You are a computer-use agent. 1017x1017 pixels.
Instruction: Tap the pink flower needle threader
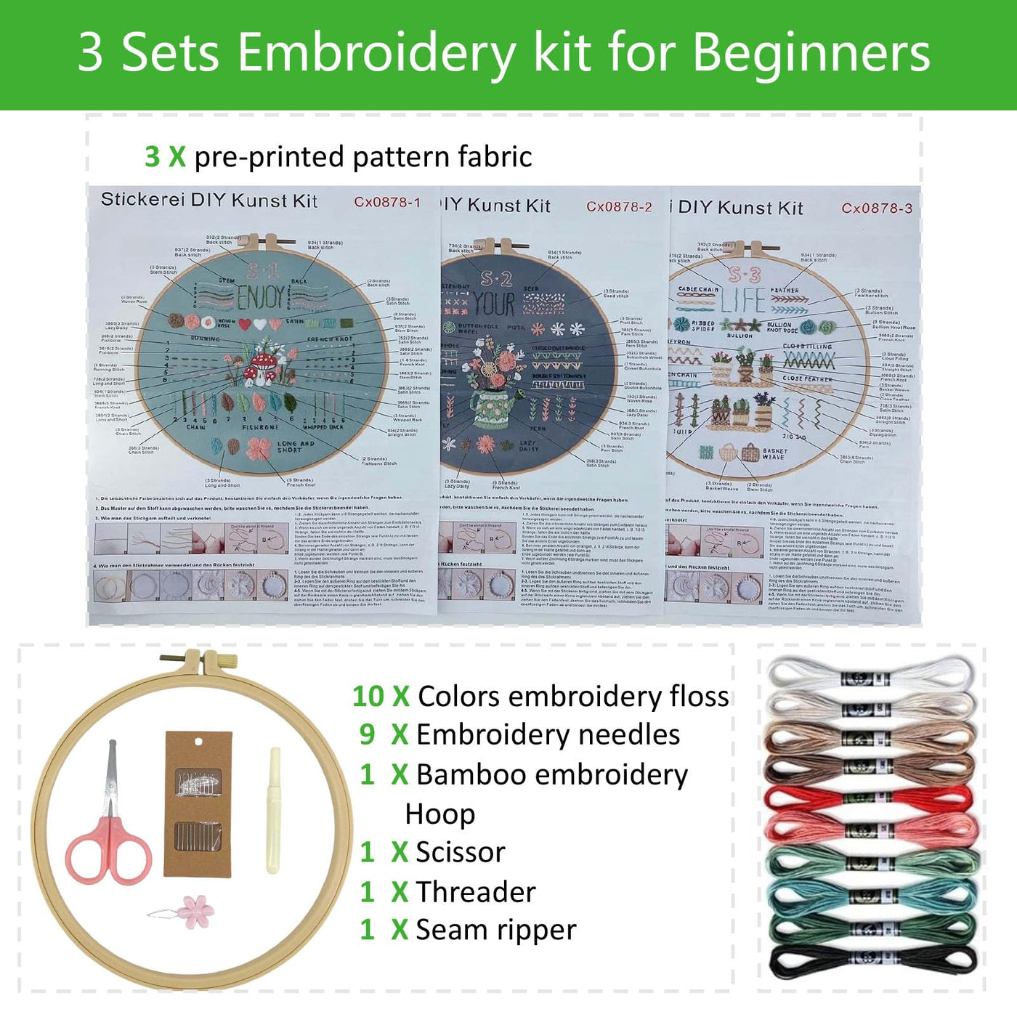[192, 910]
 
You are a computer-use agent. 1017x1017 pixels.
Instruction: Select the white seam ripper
[274, 810]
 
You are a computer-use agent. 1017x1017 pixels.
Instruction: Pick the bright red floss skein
[869, 798]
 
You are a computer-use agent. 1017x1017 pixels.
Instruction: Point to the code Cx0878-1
[387, 202]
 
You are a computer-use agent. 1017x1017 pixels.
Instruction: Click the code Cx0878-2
[619, 207]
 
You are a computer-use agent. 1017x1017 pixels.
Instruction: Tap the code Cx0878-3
[876, 208]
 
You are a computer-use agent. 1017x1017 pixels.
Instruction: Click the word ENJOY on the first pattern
[261, 297]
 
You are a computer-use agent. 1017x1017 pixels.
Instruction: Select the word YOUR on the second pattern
[495, 304]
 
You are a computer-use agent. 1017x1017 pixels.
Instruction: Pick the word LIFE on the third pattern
[743, 300]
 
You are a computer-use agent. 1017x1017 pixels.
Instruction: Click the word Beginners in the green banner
[811, 52]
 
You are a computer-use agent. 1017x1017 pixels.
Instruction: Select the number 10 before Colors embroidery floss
[368, 696]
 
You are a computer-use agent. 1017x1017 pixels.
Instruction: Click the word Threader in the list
[475, 891]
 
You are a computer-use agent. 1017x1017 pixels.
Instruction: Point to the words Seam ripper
[495, 930]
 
